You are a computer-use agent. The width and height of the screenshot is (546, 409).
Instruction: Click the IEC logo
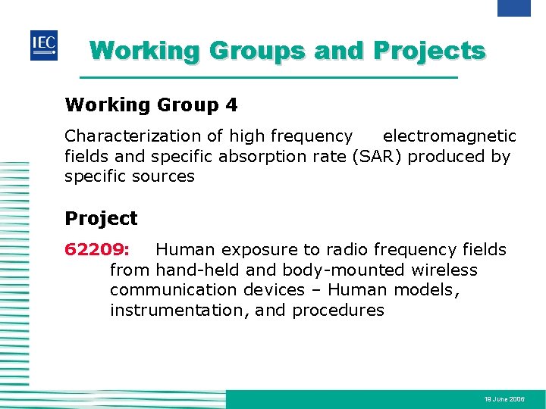[x=44, y=45]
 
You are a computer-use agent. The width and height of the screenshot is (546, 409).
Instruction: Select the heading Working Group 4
[x=151, y=105]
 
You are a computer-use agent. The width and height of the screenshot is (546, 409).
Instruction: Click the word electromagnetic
[x=449, y=136]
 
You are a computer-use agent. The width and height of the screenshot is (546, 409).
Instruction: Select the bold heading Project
[x=101, y=219]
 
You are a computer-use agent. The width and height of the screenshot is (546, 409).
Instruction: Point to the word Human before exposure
[x=184, y=250]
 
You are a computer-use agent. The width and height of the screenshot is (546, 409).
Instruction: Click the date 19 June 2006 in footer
[x=504, y=398]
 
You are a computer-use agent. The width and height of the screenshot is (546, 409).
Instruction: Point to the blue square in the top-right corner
[x=513, y=8]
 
